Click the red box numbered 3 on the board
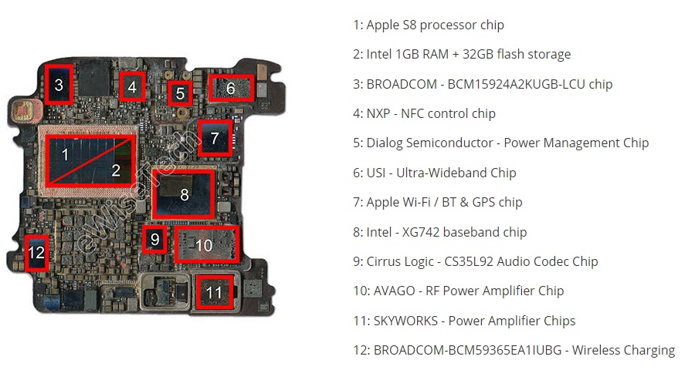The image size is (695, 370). tap(59, 85)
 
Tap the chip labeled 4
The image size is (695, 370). tap(132, 88)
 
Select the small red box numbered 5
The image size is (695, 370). tap(180, 94)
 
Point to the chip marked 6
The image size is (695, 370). tap(231, 89)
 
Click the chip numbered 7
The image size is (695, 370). tap(215, 139)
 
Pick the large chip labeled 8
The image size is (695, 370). tap(184, 194)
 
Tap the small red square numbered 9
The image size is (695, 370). tap(154, 239)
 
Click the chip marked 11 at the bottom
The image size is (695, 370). tap(215, 292)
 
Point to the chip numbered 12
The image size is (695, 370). tap(36, 252)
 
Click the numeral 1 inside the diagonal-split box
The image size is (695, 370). tap(65, 154)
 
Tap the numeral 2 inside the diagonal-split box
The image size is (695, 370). tap(116, 170)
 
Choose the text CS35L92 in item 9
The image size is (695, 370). tap(470, 261)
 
